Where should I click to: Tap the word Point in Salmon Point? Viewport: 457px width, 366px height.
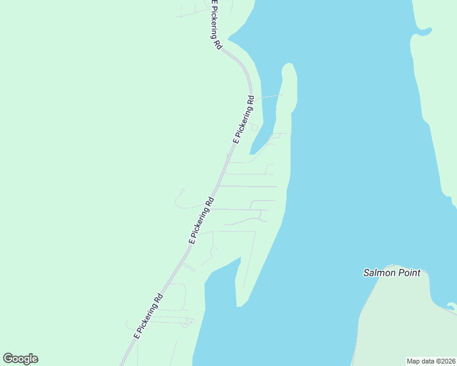(x=409, y=273)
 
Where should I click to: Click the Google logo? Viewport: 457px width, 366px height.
(x=20, y=359)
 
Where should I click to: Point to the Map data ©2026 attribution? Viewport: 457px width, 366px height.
(x=431, y=361)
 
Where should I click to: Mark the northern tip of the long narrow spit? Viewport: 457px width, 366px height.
(x=288, y=65)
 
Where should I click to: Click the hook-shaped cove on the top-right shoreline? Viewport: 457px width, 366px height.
(x=422, y=32)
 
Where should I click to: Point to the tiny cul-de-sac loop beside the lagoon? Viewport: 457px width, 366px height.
(x=254, y=127)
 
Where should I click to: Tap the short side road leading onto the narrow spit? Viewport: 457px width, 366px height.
(x=269, y=96)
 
